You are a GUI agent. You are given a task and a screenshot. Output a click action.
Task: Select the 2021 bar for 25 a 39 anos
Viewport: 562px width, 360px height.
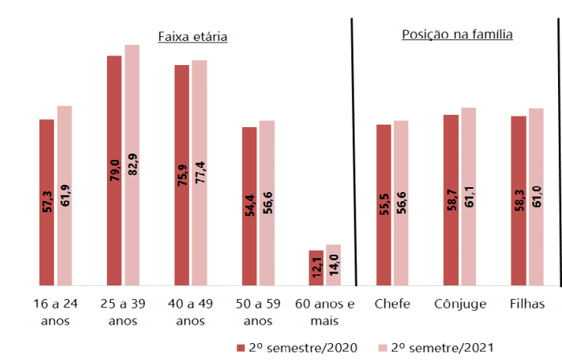[132, 165]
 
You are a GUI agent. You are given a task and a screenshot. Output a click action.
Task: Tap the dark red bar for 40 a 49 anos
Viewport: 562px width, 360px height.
[182, 175]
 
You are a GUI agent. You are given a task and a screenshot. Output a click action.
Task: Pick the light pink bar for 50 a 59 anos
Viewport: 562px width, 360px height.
[267, 202]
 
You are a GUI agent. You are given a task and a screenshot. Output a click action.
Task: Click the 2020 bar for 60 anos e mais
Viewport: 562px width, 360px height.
[316, 268]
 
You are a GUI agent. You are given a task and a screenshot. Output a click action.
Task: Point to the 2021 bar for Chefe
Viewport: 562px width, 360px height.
[400, 202]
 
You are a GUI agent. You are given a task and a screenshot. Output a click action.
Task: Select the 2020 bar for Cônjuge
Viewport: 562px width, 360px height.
[451, 200]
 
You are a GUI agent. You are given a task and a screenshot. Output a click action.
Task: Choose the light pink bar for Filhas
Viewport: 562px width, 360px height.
[535, 197]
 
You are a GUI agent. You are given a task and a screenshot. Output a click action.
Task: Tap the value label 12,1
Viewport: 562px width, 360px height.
[317, 267]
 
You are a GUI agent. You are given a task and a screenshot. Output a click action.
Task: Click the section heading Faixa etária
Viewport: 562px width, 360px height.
[192, 37]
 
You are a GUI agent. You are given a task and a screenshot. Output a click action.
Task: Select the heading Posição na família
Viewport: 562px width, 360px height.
[457, 35]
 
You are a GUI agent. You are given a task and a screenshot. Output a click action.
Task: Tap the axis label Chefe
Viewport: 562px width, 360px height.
[392, 304]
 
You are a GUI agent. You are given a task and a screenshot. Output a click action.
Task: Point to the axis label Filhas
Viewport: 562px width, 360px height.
[527, 304]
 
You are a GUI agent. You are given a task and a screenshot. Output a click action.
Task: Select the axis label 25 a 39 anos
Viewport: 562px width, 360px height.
[123, 312]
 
